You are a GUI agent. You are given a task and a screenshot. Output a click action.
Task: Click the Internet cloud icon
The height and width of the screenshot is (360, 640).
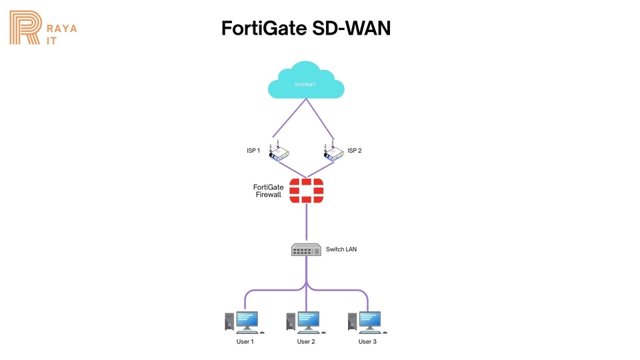click(x=305, y=82)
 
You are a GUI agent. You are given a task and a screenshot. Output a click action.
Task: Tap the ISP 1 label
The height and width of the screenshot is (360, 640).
click(x=253, y=151)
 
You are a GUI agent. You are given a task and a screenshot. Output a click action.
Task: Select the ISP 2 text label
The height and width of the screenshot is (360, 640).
click(x=355, y=151)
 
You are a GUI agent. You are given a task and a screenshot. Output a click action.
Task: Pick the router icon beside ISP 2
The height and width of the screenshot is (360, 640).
click(x=334, y=153)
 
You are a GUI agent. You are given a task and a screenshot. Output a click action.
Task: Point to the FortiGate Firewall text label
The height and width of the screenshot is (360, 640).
click(x=269, y=191)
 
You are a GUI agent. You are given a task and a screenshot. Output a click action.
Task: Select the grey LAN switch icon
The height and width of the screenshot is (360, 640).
click(x=306, y=249)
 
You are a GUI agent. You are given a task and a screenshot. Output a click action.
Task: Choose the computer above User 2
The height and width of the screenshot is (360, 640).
click(x=306, y=321)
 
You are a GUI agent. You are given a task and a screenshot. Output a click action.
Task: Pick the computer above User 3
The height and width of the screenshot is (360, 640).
click(x=367, y=321)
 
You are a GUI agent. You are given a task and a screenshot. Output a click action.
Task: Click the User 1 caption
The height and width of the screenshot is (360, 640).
click(x=245, y=342)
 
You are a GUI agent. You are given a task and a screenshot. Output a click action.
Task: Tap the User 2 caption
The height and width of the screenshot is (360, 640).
click(x=306, y=342)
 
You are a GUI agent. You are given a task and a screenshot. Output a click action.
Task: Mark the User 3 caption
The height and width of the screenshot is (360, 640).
click(x=367, y=342)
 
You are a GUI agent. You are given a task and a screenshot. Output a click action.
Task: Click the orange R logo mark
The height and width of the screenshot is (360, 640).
click(x=26, y=29)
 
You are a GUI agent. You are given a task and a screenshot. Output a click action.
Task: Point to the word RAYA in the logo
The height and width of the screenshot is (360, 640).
click(x=63, y=29)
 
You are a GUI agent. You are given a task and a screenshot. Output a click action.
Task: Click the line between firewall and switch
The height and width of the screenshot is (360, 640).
click(x=306, y=222)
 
